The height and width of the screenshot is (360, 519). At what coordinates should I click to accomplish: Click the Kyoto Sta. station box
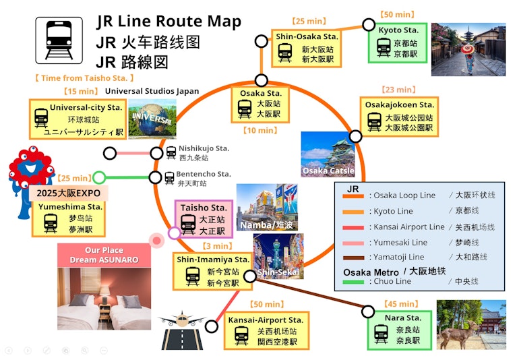[x=398, y=42]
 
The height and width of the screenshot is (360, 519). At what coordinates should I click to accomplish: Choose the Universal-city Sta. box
[x=78, y=119]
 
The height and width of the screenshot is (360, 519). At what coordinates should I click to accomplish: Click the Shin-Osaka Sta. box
[x=307, y=48]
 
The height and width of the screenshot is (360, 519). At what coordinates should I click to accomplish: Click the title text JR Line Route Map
[x=169, y=22]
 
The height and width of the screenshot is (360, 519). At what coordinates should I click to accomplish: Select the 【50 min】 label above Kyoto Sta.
[x=397, y=14]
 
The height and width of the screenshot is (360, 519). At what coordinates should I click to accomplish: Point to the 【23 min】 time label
[x=398, y=90]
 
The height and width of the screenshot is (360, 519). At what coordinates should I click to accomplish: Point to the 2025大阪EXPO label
[x=69, y=193]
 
